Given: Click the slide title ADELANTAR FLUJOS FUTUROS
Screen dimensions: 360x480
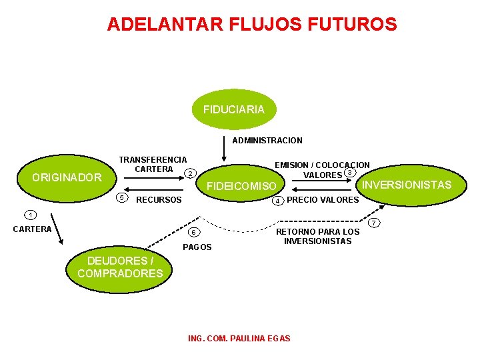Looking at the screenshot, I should (252, 25).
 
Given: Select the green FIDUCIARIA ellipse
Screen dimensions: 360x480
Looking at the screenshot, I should (233, 109).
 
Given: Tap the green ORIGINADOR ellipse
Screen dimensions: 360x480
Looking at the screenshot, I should (67, 177).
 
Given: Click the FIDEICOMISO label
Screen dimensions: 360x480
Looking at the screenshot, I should (241, 186).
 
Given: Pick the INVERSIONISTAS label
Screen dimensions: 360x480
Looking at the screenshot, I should (406, 185).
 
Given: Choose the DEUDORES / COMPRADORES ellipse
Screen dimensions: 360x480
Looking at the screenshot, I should (120, 267).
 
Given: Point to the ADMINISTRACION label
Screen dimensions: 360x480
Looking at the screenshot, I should (267, 141).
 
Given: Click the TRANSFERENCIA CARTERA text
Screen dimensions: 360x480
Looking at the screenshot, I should (153, 164).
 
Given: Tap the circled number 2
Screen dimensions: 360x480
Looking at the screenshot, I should (190, 174).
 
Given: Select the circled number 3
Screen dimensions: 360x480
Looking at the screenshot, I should (349, 173).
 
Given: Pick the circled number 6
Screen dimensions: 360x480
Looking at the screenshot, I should (192, 232).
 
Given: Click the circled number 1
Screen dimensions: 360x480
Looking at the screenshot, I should (30, 215).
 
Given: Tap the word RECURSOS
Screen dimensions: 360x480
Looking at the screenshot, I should (159, 200).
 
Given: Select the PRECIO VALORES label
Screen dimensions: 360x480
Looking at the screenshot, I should (323, 200).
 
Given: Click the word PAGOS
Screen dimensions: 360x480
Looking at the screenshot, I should (197, 247).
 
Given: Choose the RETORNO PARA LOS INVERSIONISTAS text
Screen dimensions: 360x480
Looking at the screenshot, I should (317, 236).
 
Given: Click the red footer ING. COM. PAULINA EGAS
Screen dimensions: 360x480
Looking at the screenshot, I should (239, 339).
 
